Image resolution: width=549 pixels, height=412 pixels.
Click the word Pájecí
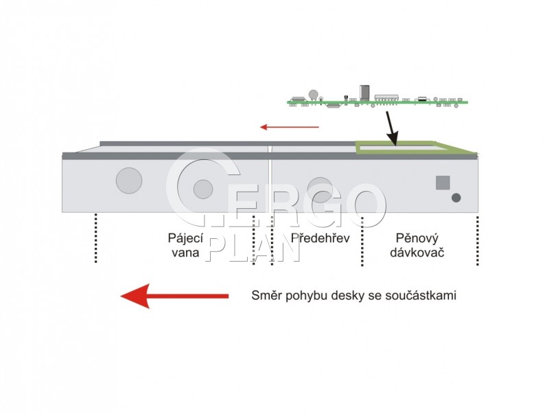(x=185, y=238)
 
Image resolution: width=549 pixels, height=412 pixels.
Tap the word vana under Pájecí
(x=185, y=253)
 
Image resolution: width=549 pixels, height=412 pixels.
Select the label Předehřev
(x=320, y=238)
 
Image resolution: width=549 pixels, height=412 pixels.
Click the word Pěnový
(x=417, y=238)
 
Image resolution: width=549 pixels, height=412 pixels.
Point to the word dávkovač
(x=417, y=252)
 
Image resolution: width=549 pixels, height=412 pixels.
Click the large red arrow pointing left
(x=174, y=296)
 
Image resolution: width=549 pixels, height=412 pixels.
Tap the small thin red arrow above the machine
(x=290, y=127)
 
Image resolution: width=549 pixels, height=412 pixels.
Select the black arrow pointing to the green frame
(x=391, y=128)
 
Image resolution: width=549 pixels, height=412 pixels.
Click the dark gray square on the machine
(x=443, y=183)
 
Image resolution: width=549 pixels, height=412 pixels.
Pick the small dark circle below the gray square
(x=456, y=198)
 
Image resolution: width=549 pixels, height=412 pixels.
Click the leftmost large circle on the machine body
(x=129, y=181)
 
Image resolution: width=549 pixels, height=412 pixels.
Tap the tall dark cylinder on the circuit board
(x=364, y=92)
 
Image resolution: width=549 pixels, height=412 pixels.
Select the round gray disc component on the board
(x=314, y=94)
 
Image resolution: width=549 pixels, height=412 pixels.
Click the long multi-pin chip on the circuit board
(x=387, y=98)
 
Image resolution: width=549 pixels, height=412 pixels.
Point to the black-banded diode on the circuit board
(x=422, y=99)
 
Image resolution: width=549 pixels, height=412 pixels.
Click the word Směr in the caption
(x=266, y=295)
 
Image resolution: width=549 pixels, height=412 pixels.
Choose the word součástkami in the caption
(x=421, y=295)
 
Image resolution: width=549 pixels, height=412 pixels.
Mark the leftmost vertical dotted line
(x=95, y=238)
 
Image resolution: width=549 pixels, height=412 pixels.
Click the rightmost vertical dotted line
(x=477, y=241)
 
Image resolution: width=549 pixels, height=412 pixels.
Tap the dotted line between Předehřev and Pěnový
(x=362, y=242)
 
